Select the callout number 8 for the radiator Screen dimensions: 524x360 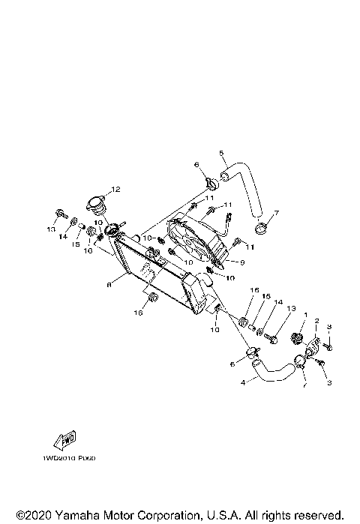click(x=109, y=285)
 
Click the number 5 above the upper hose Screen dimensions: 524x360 click(x=221, y=154)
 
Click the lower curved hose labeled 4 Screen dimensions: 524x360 click(x=274, y=370)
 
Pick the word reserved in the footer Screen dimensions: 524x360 click(x=322, y=516)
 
